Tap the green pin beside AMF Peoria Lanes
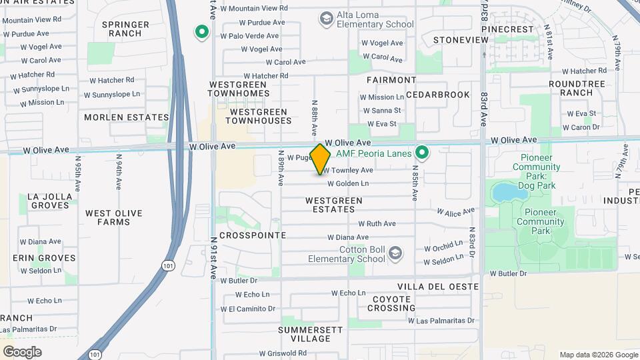[421, 153]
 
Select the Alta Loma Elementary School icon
[326, 18]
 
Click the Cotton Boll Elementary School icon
[395, 253]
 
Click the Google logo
[22, 352]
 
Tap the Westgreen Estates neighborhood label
[334, 205]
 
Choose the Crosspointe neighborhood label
[253, 235]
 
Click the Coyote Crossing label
[391, 303]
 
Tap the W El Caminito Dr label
[252, 309]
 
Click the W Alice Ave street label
[455, 211]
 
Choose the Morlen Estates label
[127, 117]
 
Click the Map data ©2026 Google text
[598, 355]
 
